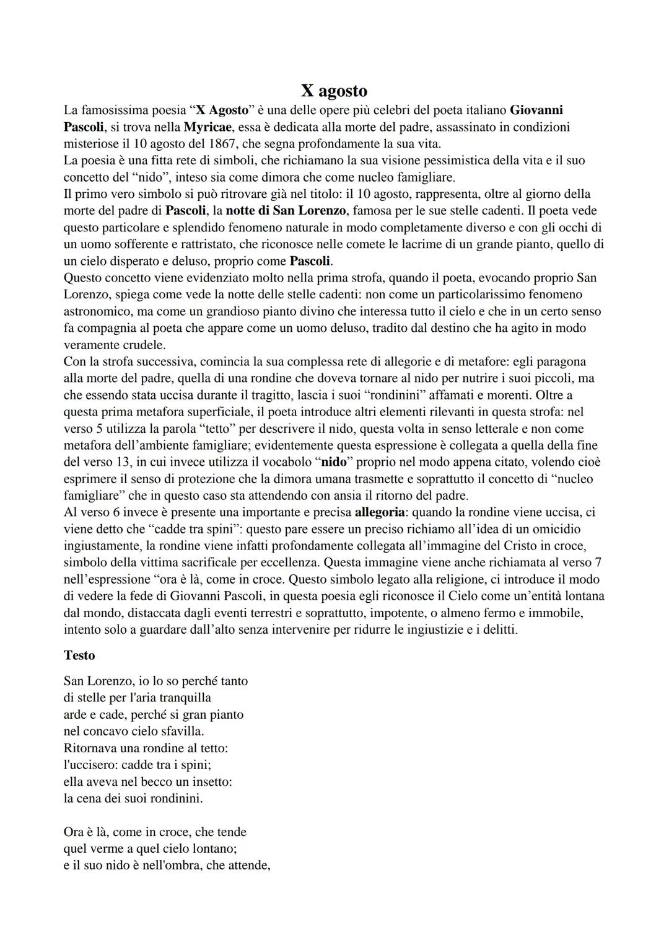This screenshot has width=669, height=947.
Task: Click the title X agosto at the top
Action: pos(334,91)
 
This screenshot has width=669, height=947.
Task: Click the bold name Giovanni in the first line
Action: pos(536,110)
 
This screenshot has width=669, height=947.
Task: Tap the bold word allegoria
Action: pos(379,512)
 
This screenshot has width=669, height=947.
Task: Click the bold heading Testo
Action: pos(79,655)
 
